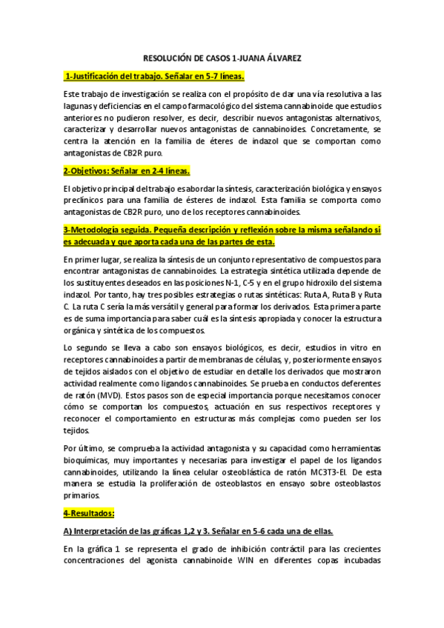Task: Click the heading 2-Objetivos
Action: pos(125,170)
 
